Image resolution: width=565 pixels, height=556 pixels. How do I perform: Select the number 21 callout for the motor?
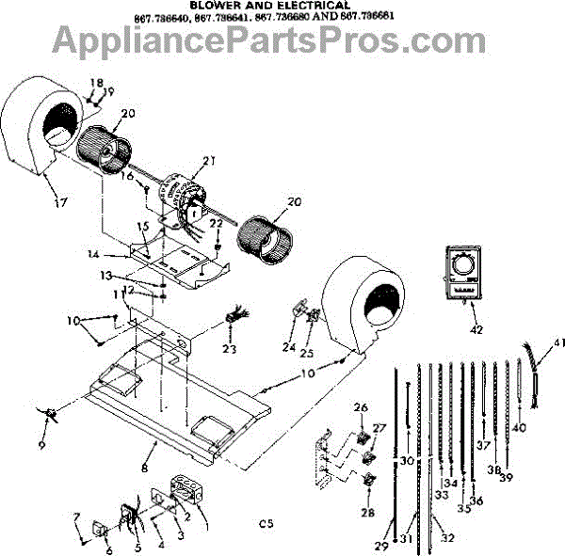click(208, 161)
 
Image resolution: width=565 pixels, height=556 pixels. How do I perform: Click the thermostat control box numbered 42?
click(460, 274)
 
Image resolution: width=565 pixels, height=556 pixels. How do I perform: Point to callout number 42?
click(476, 329)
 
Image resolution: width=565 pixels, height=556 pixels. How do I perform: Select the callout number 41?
click(559, 342)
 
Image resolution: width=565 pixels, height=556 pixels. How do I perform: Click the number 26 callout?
click(359, 407)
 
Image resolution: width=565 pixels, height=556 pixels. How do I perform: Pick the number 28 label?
click(366, 513)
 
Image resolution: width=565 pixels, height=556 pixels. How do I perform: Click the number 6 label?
click(108, 552)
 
